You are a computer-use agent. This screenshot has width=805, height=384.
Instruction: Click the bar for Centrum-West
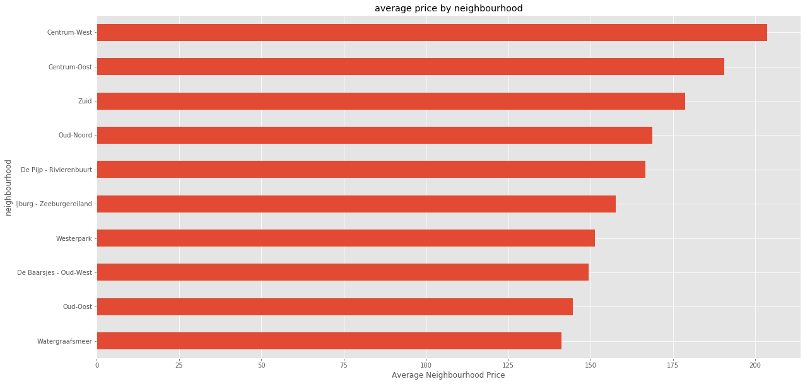432,32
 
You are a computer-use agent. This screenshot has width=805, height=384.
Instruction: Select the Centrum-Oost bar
410,66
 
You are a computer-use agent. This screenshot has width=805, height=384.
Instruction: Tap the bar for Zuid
391,101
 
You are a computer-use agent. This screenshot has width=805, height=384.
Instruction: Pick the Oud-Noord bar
374,135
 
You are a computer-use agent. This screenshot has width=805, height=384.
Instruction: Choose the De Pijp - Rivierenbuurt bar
371,169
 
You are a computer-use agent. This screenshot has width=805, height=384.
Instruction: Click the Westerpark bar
346,238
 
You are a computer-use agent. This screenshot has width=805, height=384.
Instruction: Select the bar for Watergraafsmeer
329,340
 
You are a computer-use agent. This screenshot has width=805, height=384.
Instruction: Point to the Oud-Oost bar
334,306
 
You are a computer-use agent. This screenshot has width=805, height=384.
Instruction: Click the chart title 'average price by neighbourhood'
449,8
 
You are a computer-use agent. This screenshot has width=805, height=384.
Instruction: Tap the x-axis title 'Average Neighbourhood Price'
448,375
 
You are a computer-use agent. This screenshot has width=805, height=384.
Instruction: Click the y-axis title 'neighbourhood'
8,187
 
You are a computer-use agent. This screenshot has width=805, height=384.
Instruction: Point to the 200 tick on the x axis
755,364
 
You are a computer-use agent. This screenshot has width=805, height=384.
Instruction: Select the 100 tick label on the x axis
426,364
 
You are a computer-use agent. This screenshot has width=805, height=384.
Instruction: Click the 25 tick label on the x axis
179,364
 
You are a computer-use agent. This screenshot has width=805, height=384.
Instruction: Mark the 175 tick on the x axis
673,364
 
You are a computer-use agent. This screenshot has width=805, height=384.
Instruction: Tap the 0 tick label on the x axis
97,364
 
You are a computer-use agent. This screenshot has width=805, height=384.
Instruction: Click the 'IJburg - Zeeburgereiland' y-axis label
54,204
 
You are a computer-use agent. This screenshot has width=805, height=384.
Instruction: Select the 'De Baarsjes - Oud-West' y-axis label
54,272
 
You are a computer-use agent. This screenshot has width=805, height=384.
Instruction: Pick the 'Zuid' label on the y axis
85,101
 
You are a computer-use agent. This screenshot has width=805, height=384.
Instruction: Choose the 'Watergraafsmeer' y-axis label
64,341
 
